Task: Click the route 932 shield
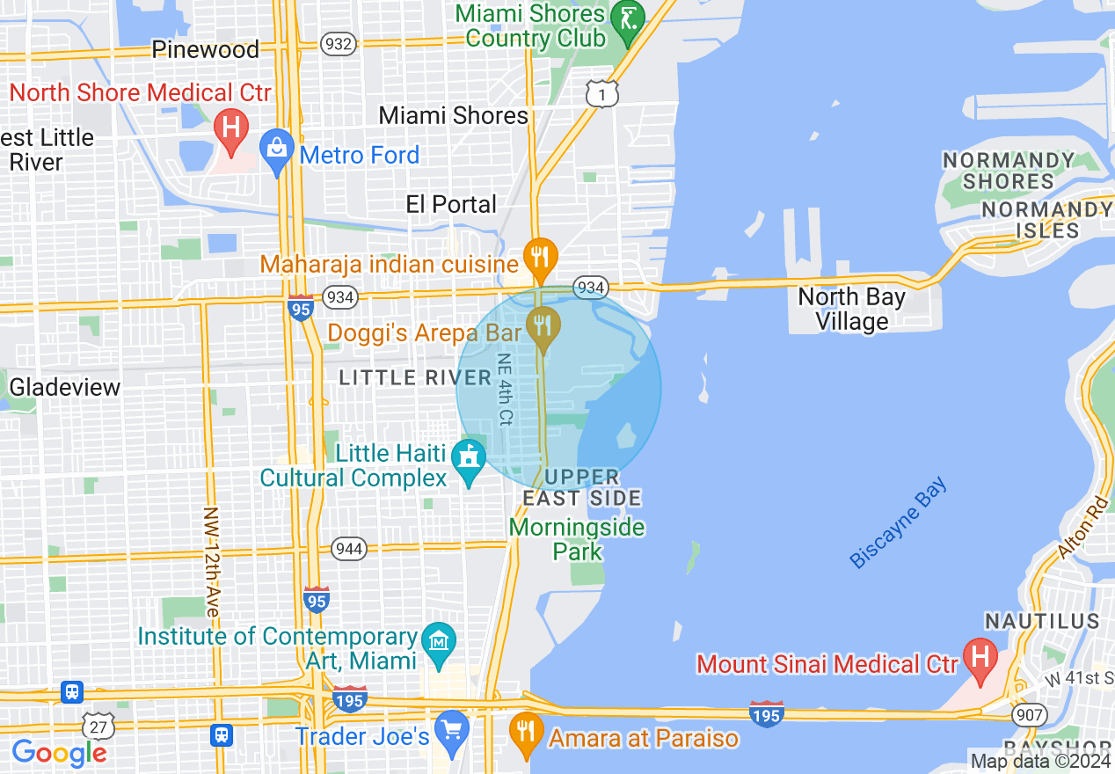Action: click(339, 44)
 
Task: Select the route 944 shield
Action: click(349, 550)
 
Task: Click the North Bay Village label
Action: click(851, 309)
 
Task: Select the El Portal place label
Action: click(451, 204)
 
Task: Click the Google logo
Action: click(59, 753)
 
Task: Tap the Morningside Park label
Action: click(577, 539)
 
